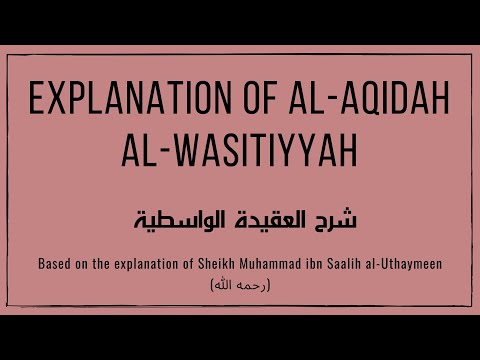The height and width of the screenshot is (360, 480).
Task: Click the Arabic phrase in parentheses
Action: click(x=240, y=288)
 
